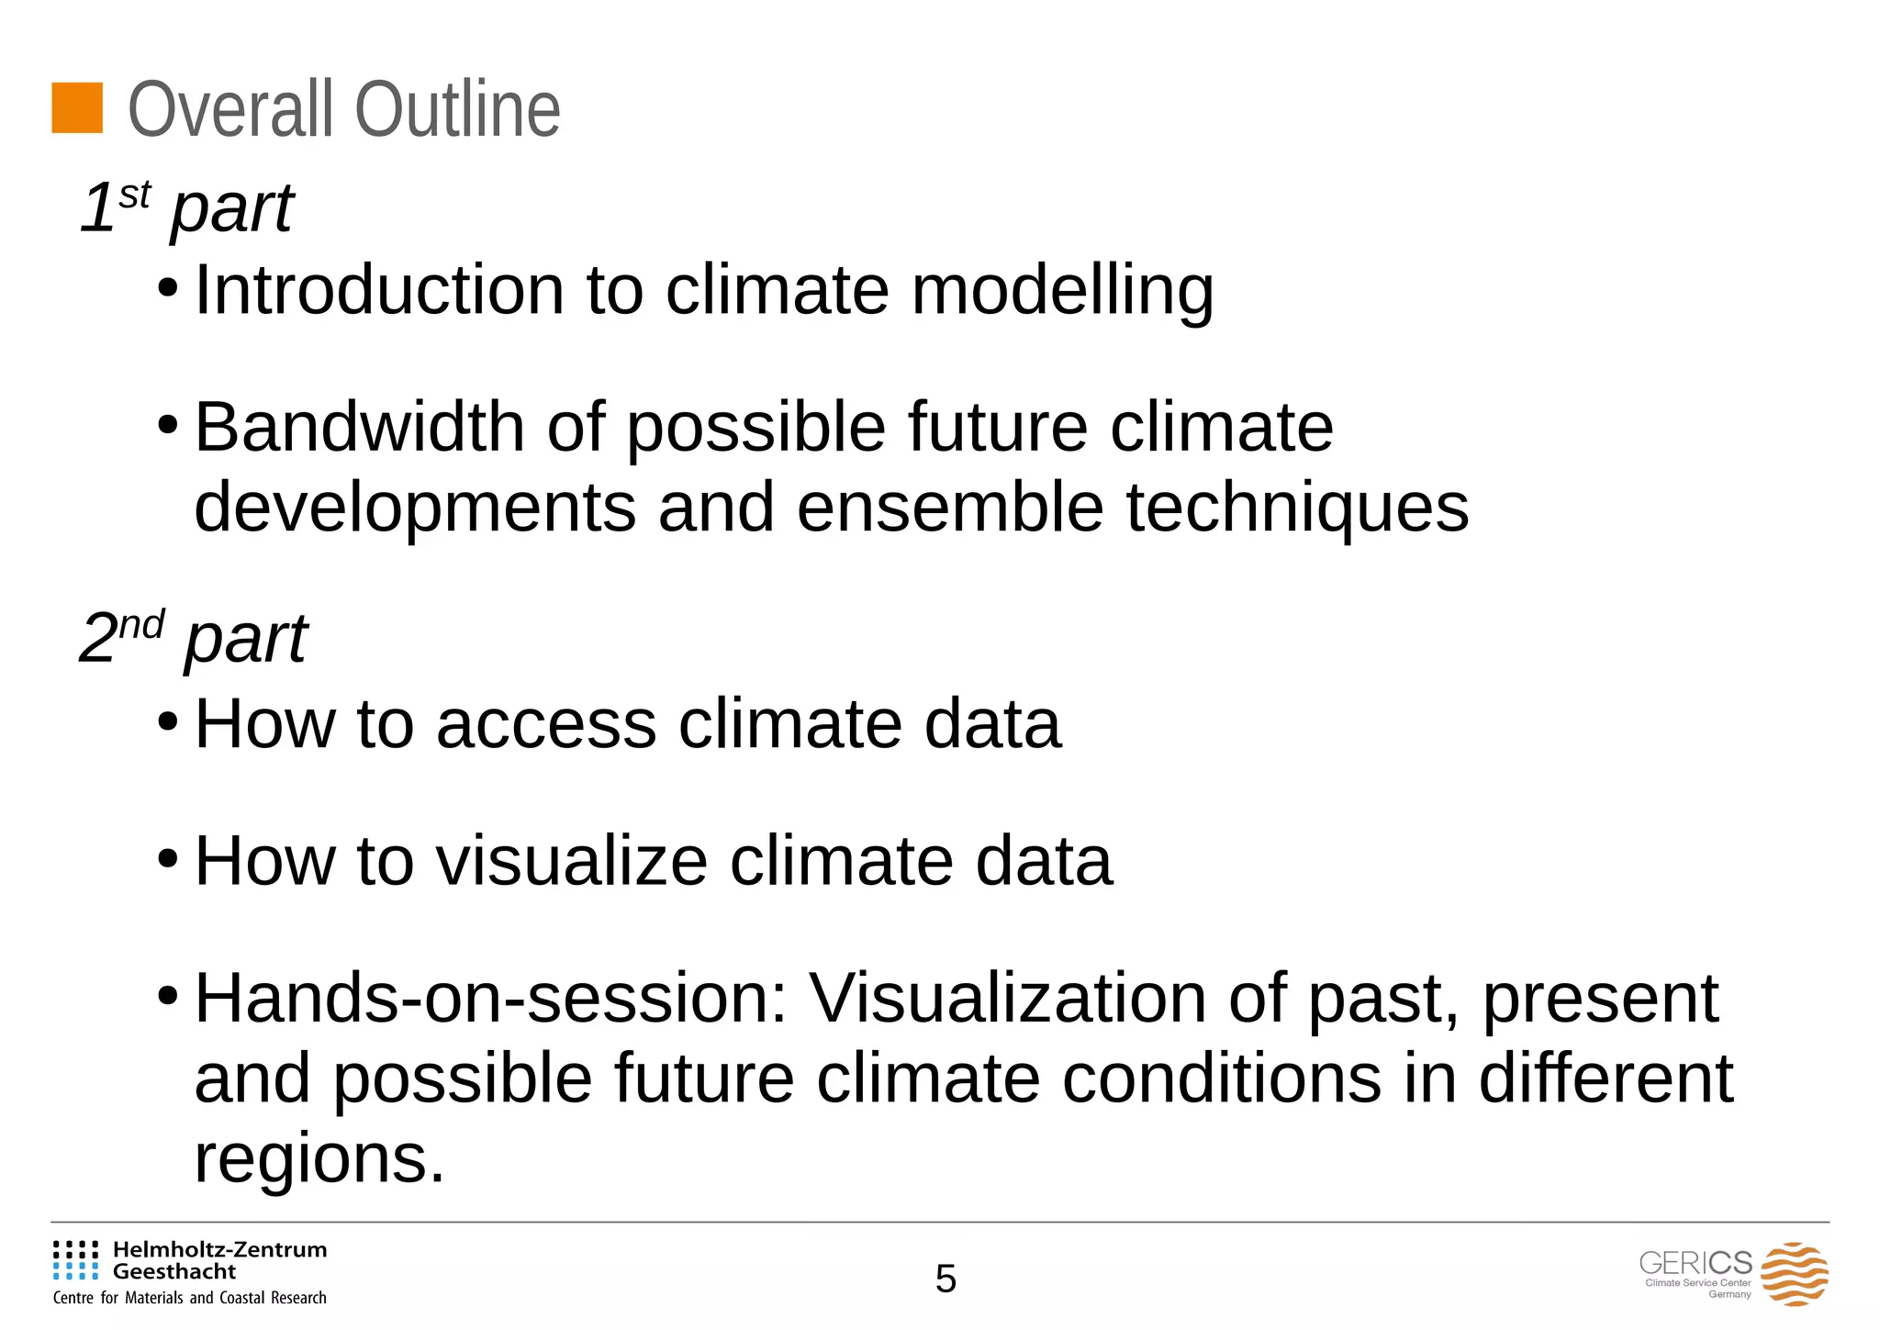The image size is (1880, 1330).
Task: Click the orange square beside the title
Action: point(77,108)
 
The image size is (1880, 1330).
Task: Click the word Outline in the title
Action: point(457,110)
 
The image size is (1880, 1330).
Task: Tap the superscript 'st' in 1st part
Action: point(134,195)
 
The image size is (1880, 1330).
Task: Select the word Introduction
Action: point(379,290)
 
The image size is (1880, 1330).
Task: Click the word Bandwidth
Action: point(359,428)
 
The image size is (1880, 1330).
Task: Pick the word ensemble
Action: point(949,508)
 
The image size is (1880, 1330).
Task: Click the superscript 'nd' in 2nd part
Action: point(141,625)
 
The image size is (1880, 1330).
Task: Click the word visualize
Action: point(571,861)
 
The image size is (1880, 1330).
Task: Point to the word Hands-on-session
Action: point(492,999)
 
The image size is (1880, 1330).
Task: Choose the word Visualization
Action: point(1007,999)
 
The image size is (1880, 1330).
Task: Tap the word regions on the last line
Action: point(319,1160)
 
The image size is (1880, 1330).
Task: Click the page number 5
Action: point(946,1279)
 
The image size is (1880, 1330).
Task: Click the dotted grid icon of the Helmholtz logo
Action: point(75,1260)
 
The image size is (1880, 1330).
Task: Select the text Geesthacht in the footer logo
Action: point(174,1272)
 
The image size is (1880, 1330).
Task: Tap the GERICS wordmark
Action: point(1695,1263)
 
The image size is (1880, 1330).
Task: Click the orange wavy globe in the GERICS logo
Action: point(1795,1274)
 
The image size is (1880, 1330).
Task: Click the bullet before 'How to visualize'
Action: point(167,861)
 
